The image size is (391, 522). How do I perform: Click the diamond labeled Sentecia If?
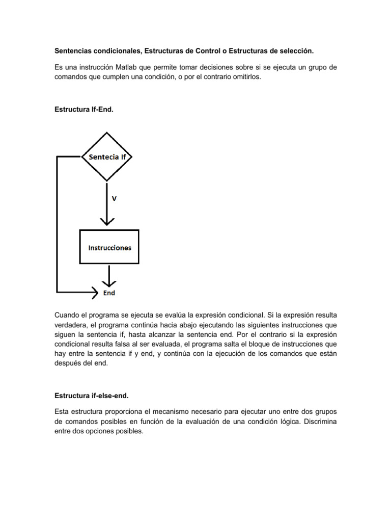[x=107, y=157]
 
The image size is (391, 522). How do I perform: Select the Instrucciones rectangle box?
[x=109, y=248]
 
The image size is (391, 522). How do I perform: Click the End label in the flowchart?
[x=109, y=293]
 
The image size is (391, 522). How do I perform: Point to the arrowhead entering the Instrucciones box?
[x=107, y=221]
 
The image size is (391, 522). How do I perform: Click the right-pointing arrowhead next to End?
[x=95, y=293]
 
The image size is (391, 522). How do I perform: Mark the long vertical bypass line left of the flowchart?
[x=57, y=224]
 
